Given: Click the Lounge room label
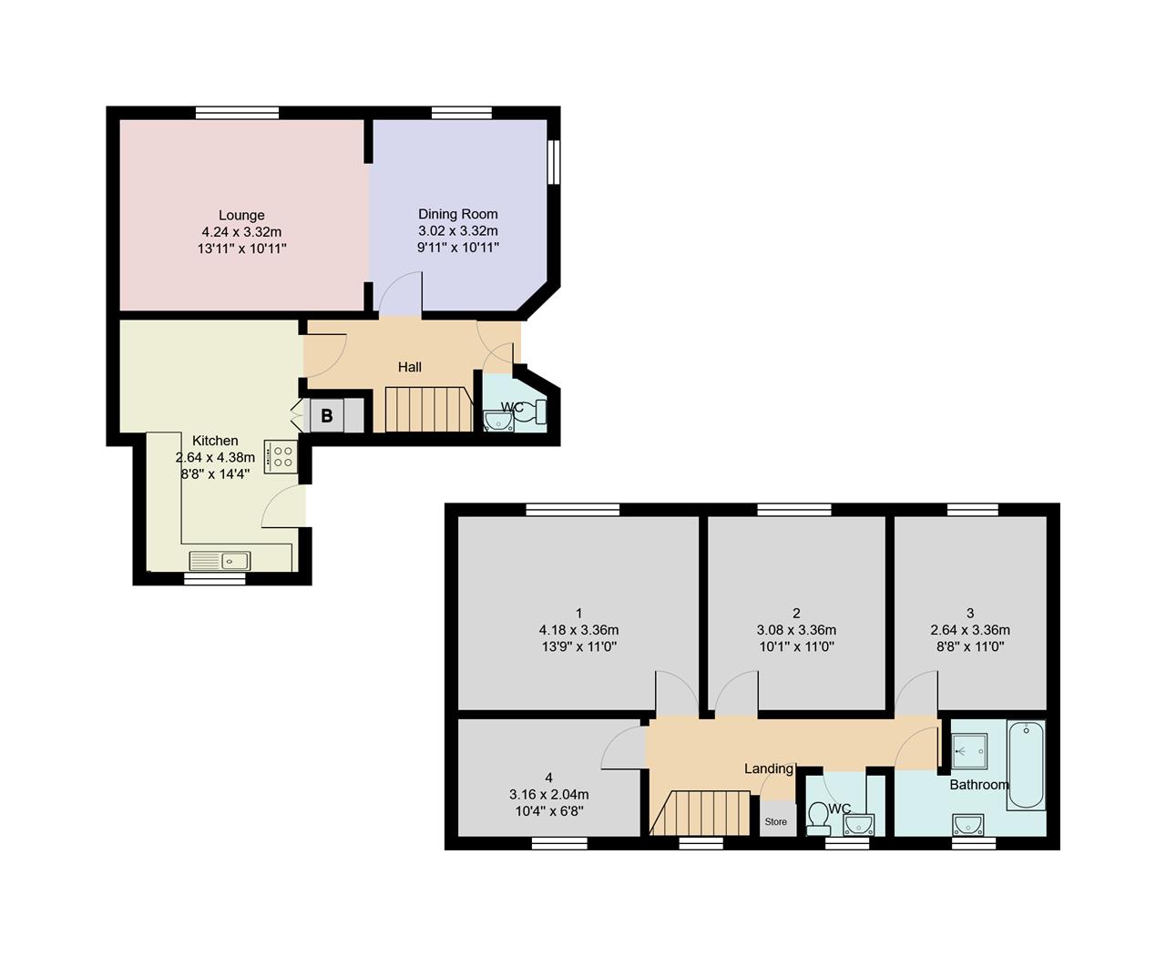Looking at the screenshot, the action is click(x=241, y=215).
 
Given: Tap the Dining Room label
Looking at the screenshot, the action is click(x=458, y=214).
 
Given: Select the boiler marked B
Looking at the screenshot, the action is click(x=327, y=415).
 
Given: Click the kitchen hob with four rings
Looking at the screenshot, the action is click(x=281, y=456).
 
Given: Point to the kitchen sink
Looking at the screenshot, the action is click(x=220, y=561).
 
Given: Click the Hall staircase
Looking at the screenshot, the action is click(x=428, y=410).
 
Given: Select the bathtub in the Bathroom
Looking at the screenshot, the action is click(x=1026, y=765).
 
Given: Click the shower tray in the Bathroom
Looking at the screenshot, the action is click(x=970, y=751).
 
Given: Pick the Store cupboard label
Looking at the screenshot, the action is click(x=776, y=822).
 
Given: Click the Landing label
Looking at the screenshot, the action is click(x=769, y=768).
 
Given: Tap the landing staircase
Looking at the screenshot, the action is click(x=700, y=813).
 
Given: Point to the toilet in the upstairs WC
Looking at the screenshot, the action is click(x=818, y=819).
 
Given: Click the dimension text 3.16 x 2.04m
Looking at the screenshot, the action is click(x=548, y=795).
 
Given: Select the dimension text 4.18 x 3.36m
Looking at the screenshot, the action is click(x=578, y=630).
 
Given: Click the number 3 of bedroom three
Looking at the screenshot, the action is click(x=970, y=613).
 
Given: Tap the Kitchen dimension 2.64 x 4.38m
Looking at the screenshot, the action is click(x=215, y=458).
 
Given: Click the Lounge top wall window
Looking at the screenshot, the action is click(x=237, y=113).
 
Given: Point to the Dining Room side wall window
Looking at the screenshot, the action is click(x=554, y=162).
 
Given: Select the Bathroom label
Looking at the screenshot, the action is click(x=979, y=785).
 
